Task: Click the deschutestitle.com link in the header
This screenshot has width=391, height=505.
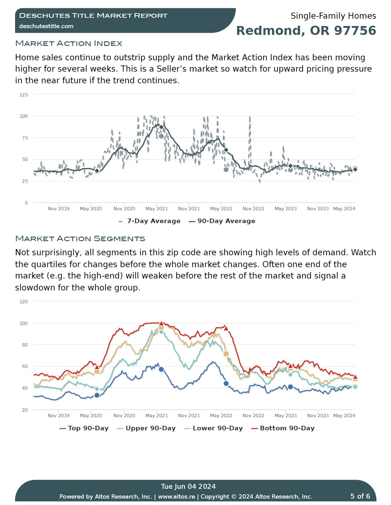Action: [x=46, y=26]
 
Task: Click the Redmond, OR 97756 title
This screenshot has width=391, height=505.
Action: [x=306, y=31]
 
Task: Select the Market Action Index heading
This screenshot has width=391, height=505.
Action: [x=69, y=43]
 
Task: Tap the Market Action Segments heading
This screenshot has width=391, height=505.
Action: [x=80, y=238]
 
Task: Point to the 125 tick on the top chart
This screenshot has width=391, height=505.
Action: [x=24, y=95]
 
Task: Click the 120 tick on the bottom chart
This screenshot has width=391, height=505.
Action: [x=24, y=302]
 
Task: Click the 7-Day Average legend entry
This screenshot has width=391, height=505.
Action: [x=150, y=221]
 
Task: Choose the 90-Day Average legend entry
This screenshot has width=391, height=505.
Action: [x=222, y=221]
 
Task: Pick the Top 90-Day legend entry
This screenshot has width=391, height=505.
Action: [x=84, y=428]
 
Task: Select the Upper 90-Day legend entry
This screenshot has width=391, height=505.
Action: [x=147, y=428]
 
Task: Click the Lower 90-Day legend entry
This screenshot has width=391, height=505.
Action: [x=214, y=428]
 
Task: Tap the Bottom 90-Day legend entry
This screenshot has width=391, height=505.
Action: [x=283, y=428]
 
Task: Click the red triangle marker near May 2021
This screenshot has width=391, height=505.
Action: [x=161, y=324]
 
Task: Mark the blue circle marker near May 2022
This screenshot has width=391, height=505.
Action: [x=226, y=383]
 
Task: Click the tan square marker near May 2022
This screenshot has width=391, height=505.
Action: [x=226, y=354]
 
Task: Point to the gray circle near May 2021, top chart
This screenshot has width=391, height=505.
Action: [x=161, y=136]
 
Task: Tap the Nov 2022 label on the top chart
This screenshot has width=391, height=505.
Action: [x=253, y=209]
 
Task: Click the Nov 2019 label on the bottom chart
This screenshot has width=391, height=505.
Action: [x=59, y=416]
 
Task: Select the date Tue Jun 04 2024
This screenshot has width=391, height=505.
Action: [x=188, y=487]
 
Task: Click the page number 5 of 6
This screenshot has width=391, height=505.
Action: [x=360, y=496]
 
